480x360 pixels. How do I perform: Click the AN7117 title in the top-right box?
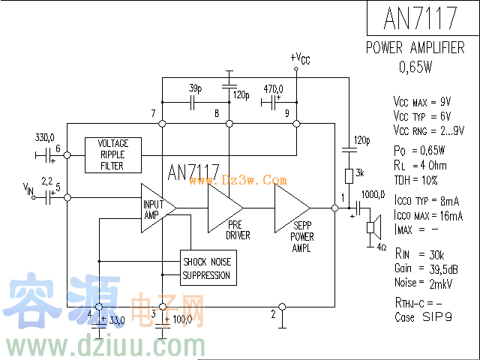point(420,17)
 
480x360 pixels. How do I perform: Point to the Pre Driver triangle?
point(224,206)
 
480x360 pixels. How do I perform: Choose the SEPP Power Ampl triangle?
point(291,207)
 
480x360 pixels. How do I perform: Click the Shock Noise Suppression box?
point(208,268)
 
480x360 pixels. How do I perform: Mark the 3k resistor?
point(349,176)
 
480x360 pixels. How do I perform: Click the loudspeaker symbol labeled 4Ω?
point(370,229)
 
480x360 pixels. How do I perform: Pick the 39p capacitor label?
point(195,88)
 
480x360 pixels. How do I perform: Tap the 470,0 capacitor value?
point(273,88)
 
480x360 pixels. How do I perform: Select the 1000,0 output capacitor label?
point(373,195)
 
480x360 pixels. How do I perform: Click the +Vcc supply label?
point(299,58)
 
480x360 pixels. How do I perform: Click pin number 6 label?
point(58,148)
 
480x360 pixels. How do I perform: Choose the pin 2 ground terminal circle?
point(281,307)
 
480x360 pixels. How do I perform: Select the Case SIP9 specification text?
point(423,317)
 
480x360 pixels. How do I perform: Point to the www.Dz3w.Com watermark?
point(254,180)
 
